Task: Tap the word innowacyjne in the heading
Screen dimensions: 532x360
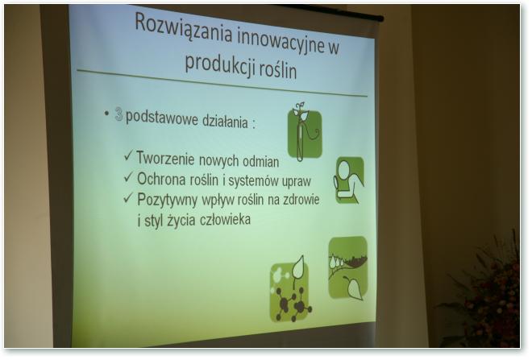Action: coord(281,42)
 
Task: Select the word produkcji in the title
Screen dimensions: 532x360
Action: coord(220,64)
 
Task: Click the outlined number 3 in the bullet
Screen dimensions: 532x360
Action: coord(118,114)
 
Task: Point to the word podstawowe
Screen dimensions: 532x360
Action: coord(162,118)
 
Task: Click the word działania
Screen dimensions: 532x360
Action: coord(225,121)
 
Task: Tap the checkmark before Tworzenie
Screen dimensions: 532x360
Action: coord(128,155)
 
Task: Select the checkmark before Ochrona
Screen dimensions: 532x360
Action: coord(128,176)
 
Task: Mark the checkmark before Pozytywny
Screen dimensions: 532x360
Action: coord(128,197)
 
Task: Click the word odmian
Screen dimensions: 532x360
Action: coord(260,161)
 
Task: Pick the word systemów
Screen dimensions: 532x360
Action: coord(255,180)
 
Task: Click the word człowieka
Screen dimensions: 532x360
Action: coord(225,220)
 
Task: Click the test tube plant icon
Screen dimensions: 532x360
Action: coord(305,132)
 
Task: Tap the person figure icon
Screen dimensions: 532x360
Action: coord(350,180)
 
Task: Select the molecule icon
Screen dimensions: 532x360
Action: coord(290,290)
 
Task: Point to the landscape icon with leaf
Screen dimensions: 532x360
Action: coord(348,268)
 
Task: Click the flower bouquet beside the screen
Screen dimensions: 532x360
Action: coord(485,295)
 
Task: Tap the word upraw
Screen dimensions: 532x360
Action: coord(298,181)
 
